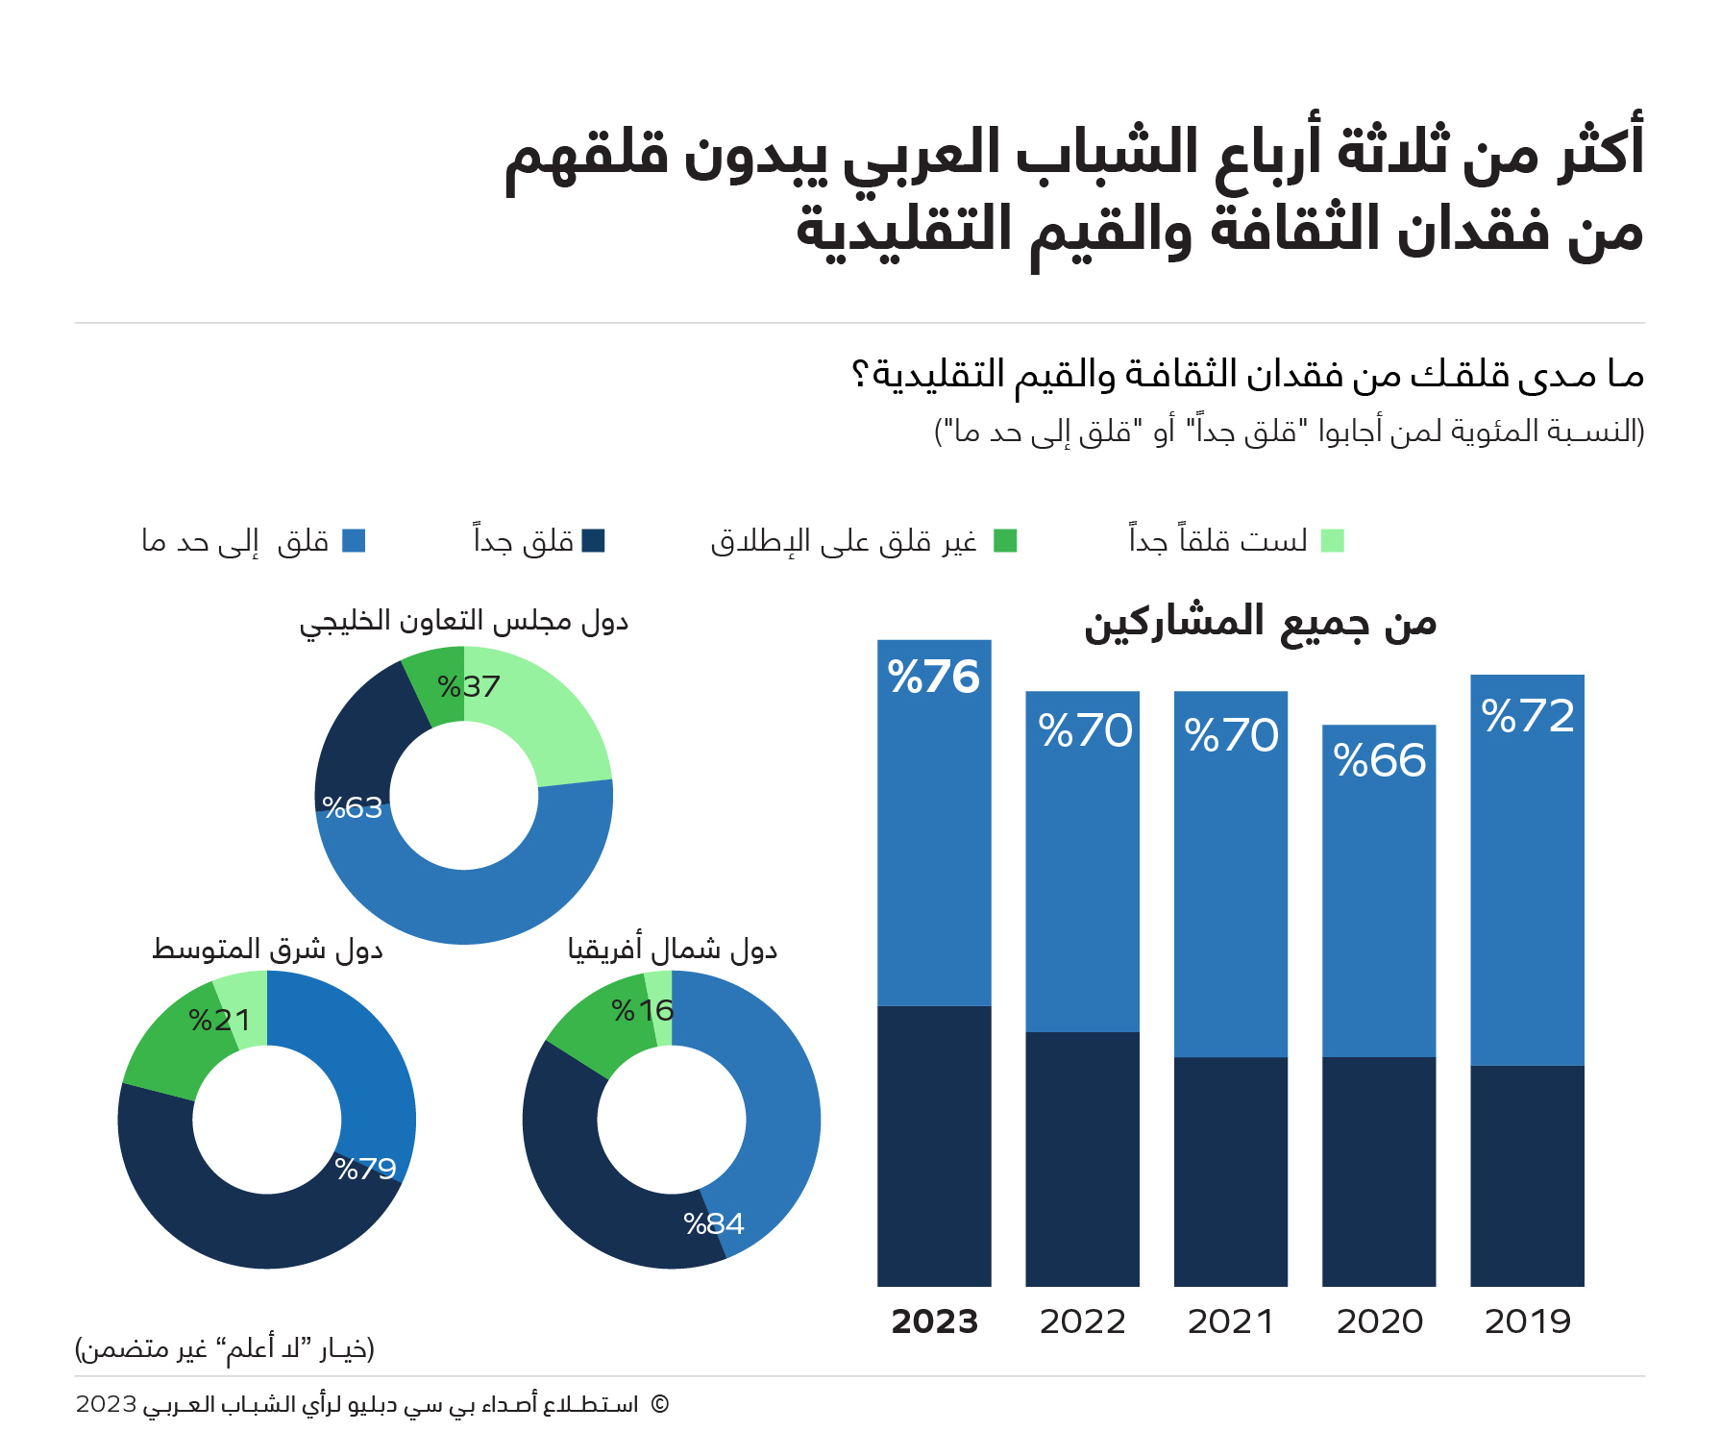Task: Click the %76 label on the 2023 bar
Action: tap(933, 677)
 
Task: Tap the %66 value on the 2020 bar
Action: tap(1379, 760)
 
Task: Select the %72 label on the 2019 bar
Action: tap(1528, 716)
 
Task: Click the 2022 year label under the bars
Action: tap(1082, 1321)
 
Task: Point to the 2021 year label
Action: tap(1231, 1321)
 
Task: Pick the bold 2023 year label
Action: tap(934, 1321)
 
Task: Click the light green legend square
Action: tap(1332, 541)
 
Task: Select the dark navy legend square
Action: tap(594, 541)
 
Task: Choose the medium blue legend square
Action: tap(354, 541)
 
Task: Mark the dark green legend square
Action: tap(1005, 541)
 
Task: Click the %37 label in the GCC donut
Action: tap(468, 686)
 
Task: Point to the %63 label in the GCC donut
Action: tap(352, 807)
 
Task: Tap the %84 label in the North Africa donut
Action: tap(713, 1223)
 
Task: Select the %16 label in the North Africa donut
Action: tap(642, 1010)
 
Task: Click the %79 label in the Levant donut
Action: tap(365, 1169)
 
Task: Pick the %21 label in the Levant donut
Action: tap(219, 1020)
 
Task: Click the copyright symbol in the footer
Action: tap(659, 1404)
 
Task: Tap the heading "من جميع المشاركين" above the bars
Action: tap(1260, 623)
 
